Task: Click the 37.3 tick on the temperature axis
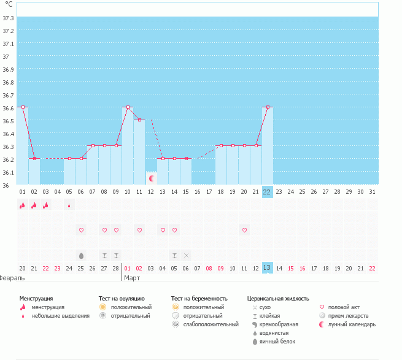click(x=9, y=18)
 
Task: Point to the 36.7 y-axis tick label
click(x=9, y=95)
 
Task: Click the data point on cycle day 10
click(x=128, y=107)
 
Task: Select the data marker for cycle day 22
click(x=268, y=107)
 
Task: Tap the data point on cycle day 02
click(x=34, y=158)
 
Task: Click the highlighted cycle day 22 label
click(x=267, y=191)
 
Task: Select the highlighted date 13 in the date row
click(x=267, y=268)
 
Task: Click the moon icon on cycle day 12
click(x=152, y=178)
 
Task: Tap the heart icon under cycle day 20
click(x=244, y=230)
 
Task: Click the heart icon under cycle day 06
click(x=81, y=230)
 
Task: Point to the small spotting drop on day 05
click(x=69, y=205)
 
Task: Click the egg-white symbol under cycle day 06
click(x=81, y=255)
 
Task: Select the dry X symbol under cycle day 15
click(x=186, y=255)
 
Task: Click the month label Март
click(x=132, y=278)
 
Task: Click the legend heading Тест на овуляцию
click(x=122, y=298)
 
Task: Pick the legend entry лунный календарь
click(x=352, y=324)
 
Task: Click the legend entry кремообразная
click(x=279, y=324)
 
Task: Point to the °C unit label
click(x=9, y=4)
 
